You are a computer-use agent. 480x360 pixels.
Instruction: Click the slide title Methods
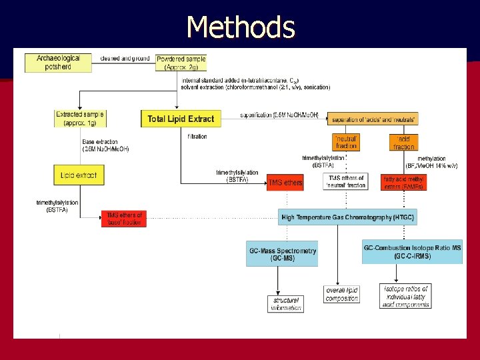pyautogui.click(x=241, y=27)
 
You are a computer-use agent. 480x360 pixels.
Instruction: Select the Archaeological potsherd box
pyautogui.click(x=58, y=63)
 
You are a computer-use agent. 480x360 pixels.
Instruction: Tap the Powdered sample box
pyautogui.click(x=181, y=63)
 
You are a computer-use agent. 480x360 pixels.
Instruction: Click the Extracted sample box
pyautogui.click(x=80, y=119)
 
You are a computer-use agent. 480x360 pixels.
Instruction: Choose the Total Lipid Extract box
pyautogui.click(x=181, y=119)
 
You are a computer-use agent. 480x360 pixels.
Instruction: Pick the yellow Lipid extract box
pyautogui.click(x=79, y=175)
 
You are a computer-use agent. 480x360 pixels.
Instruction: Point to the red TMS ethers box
pyautogui.click(x=285, y=183)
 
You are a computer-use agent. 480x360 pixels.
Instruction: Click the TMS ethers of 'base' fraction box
pyautogui.click(x=123, y=218)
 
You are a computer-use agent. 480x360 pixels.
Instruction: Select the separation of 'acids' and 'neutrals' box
pyautogui.click(x=373, y=119)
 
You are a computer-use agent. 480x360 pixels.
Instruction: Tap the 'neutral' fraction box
pyautogui.click(x=346, y=141)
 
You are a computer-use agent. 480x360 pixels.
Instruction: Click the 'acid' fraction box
pyautogui.click(x=403, y=141)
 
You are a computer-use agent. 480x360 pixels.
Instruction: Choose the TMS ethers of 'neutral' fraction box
pyautogui.click(x=345, y=181)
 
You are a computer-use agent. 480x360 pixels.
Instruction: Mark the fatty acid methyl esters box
pyautogui.click(x=404, y=182)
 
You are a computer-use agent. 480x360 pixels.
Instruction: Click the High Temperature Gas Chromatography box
pyautogui.click(x=347, y=217)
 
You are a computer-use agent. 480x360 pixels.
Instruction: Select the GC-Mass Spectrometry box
pyautogui.click(x=283, y=253)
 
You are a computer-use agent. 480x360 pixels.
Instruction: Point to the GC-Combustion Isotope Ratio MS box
pyautogui.click(x=413, y=251)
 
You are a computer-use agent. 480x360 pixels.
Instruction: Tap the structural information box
pyautogui.click(x=286, y=304)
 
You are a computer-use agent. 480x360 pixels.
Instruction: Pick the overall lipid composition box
pyautogui.click(x=342, y=294)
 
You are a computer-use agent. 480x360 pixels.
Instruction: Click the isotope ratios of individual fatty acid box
pyautogui.click(x=405, y=296)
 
